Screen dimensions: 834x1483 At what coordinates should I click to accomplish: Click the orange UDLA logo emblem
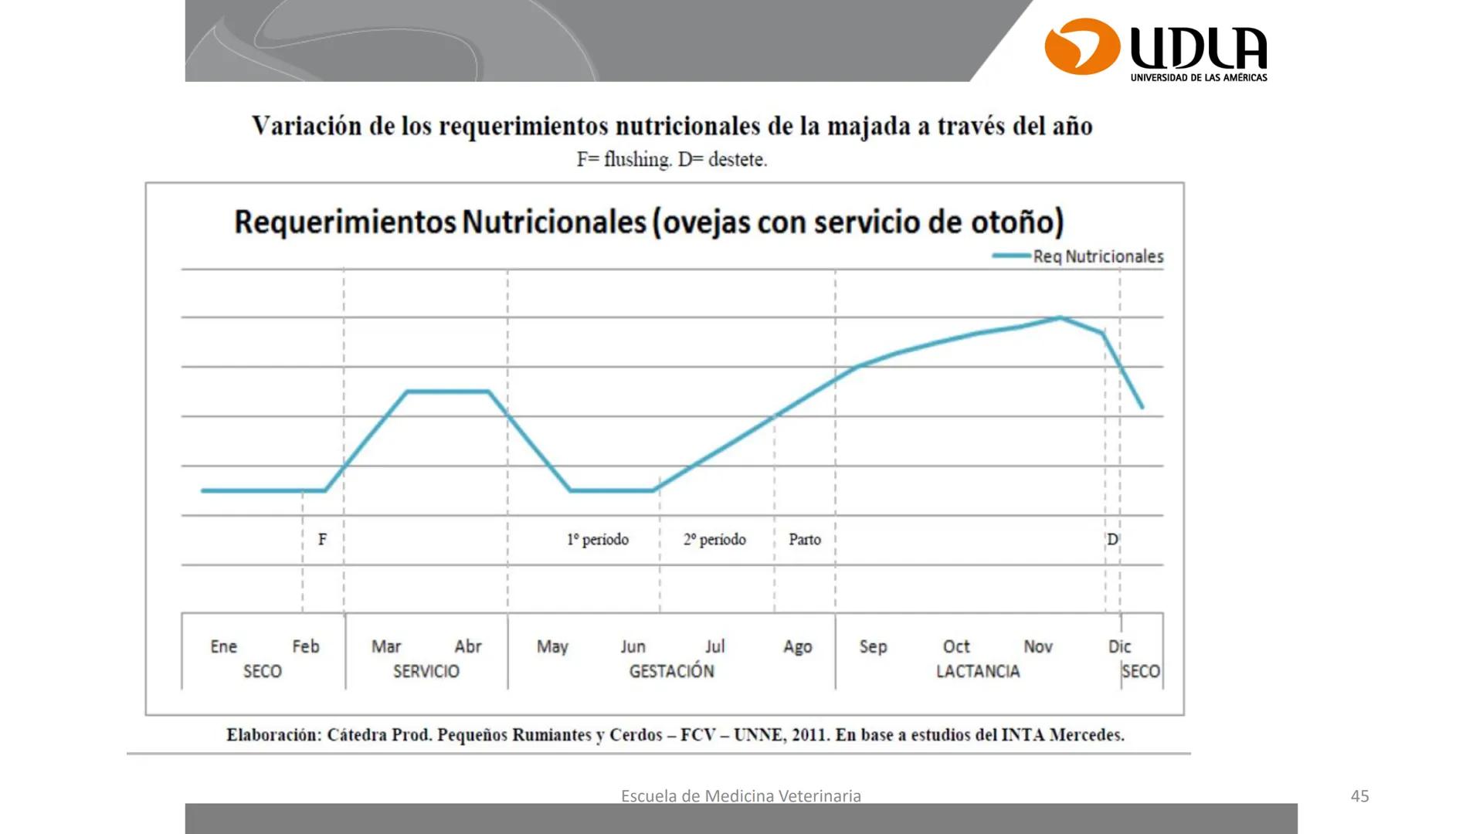tap(1081, 46)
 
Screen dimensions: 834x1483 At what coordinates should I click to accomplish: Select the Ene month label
tap(223, 646)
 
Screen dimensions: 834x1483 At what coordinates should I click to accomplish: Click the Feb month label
tap(305, 646)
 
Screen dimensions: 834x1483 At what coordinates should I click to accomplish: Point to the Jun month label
tap(633, 646)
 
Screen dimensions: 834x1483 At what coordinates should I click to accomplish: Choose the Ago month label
tap(797, 646)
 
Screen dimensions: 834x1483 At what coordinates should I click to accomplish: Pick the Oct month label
tap(955, 646)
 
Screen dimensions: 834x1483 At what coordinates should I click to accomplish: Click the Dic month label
tap(1119, 646)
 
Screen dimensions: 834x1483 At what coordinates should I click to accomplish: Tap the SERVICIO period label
tap(426, 671)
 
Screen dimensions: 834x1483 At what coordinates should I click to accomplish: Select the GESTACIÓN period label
tap(671, 671)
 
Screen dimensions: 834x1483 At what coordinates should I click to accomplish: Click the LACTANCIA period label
tap(977, 671)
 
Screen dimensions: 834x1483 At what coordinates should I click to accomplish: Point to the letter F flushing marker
tap(322, 540)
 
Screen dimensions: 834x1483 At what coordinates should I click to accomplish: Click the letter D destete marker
tap(1112, 540)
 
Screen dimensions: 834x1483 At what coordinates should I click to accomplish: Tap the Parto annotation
tap(804, 540)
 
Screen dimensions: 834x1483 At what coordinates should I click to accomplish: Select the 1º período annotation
tap(597, 540)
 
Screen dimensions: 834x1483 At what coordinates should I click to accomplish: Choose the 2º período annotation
tap(714, 540)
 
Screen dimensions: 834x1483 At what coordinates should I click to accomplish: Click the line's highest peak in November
tap(1060, 317)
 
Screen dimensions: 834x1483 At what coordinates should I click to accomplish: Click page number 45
tap(1359, 796)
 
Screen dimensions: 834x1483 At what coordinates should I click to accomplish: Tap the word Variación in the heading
tap(307, 126)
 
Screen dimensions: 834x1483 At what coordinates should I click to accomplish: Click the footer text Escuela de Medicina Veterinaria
tap(741, 796)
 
